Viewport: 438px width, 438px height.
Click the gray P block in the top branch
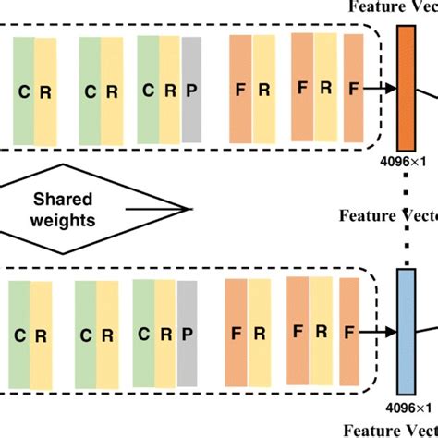tap(192, 91)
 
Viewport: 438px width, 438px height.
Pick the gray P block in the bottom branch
tap(189, 335)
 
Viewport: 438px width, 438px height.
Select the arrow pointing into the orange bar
tap(378, 89)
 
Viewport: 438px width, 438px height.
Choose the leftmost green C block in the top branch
tap(23, 91)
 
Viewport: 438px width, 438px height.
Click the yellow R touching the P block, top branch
tap(170, 91)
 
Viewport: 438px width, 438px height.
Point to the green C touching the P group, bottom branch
tap(144, 335)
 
